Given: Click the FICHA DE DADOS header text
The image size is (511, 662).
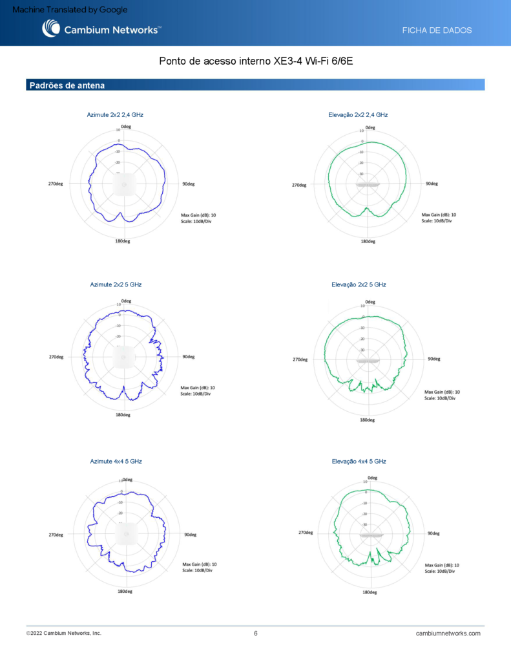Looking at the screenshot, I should [437, 30].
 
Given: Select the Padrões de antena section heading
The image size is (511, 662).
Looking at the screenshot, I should [67, 85].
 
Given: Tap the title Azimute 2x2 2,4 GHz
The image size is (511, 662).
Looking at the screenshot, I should [115, 114].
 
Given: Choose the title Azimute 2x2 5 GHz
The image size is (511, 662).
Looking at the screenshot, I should [116, 284].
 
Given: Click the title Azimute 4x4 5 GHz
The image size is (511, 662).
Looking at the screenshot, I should [116, 462].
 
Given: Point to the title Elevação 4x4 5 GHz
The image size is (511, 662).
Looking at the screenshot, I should [359, 462].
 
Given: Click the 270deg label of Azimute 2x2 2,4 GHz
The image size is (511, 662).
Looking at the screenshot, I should [56, 184].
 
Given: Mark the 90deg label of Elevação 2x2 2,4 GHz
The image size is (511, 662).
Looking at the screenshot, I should [432, 184].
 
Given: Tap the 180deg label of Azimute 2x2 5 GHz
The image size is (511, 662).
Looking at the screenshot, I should [123, 414].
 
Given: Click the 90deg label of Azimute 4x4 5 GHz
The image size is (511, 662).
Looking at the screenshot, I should [190, 535].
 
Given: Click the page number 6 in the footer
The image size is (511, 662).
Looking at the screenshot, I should [256, 634].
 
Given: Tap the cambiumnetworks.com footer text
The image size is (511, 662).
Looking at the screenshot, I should [448, 634].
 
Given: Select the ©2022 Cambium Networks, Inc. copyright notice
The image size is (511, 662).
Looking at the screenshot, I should [64, 634].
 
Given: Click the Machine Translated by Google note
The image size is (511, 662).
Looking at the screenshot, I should [70, 10].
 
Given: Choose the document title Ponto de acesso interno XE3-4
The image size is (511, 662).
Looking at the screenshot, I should [256, 62].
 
